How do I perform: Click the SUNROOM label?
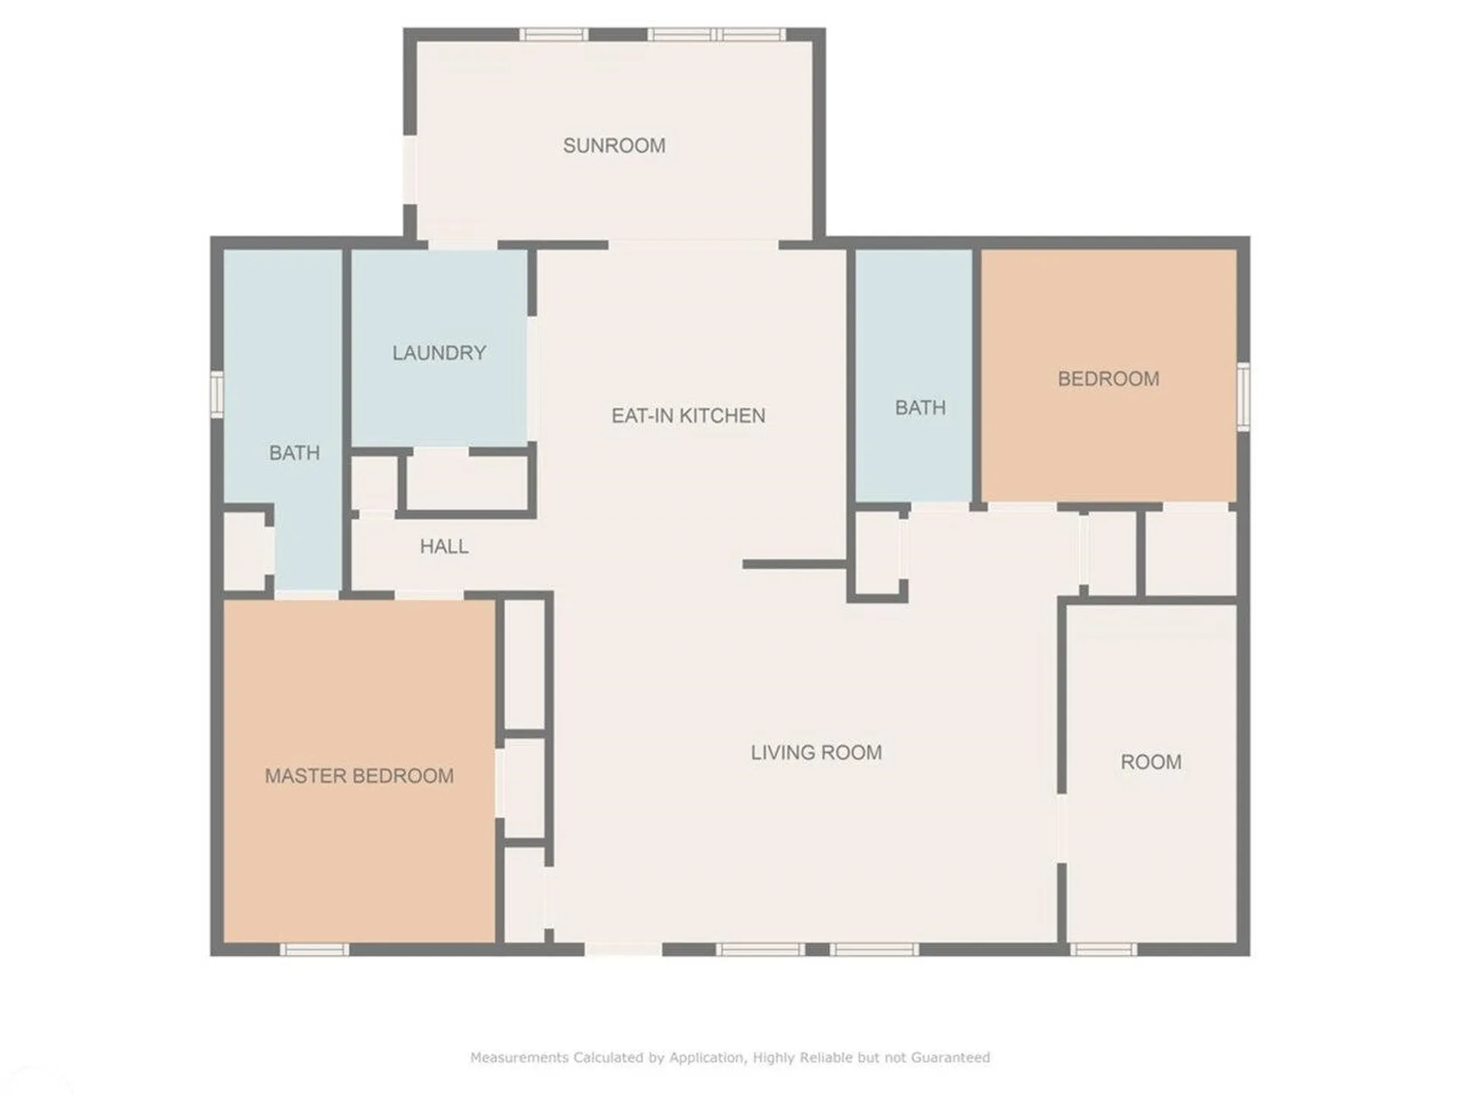coord(614,145)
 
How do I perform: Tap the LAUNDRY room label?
coord(439,353)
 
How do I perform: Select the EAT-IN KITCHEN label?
coord(688,416)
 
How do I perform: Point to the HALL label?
coord(444,546)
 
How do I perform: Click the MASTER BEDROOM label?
coord(359,776)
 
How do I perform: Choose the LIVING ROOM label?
coord(816,753)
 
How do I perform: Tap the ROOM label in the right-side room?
coord(1151,762)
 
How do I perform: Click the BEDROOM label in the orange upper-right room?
coord(1108,379)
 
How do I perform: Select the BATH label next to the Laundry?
coord(294,453)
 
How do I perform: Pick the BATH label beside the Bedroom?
coord(920,408)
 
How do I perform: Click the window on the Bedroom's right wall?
coord(1243,396)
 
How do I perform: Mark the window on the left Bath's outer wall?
coord(217,394)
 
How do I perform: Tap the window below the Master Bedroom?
coord(314,949)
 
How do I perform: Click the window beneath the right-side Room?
coord(1103,949)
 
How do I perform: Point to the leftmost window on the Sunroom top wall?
coord(554,34)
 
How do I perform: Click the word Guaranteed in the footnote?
coord(950,1057)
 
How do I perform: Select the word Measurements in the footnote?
coord(519,1057)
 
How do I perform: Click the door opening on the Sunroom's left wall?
coord(410,170)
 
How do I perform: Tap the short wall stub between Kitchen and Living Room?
coord(795,564)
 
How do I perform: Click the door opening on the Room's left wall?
coord(1062,828)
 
